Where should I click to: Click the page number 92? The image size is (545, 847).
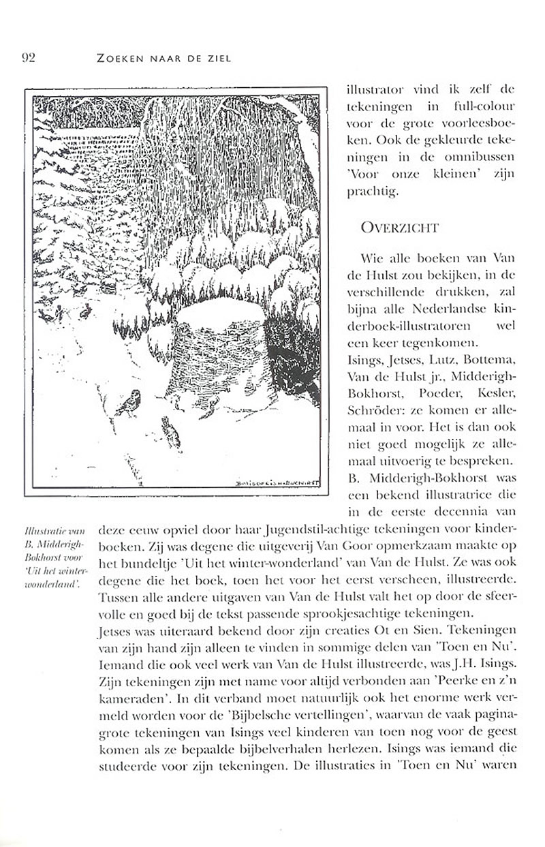pos(28,58)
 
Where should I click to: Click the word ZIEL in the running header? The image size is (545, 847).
pos(218,59)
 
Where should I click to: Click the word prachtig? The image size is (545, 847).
pos(373,194)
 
